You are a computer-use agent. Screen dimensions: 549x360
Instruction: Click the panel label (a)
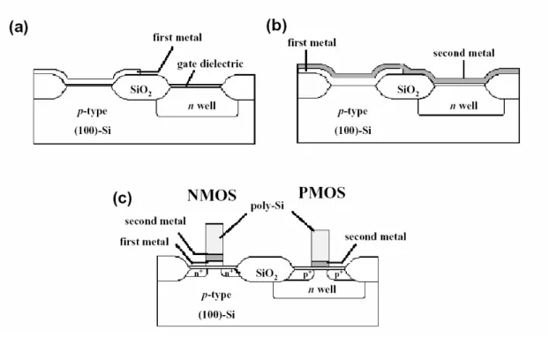point(19,27)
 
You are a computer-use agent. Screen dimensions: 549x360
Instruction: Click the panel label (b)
point(276,26)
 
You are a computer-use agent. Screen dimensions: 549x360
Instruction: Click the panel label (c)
point(122,199)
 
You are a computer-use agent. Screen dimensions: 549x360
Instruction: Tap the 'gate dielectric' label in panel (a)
point(210,64)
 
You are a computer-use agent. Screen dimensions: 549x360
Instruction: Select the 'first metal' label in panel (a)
point(177,37)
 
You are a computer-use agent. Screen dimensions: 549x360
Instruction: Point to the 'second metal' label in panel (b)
point(463,53)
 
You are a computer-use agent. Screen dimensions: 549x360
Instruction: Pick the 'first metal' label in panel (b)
point(312,42)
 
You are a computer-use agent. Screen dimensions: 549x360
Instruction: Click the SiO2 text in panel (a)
point(140,90)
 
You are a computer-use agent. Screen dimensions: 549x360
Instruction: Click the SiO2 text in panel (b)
point(408,90)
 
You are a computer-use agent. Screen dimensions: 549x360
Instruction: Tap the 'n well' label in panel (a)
point(201,106)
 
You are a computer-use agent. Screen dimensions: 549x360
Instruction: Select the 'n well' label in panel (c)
point(322,289)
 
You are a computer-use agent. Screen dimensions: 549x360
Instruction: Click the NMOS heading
point(212,195)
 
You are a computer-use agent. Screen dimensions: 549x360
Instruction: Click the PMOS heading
point(322,192)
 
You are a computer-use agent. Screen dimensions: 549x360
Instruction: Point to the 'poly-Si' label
point(267,206)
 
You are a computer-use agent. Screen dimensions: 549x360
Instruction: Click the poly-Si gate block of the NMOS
point(214,239)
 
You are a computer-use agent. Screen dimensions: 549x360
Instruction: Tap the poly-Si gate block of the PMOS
point(320,245)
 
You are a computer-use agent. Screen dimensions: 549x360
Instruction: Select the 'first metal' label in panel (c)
point(144,242)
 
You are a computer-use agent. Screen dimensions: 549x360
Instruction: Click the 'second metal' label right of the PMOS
point(375,236)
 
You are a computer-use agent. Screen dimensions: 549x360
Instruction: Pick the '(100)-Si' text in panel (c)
point(216,314)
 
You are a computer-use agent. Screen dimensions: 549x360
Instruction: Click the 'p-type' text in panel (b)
point(352,111)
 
